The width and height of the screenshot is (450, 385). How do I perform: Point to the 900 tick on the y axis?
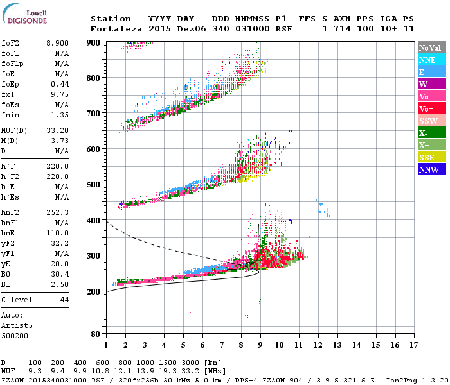(x=94, y=42)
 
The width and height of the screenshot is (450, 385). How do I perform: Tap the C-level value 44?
(x=64, y=300)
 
